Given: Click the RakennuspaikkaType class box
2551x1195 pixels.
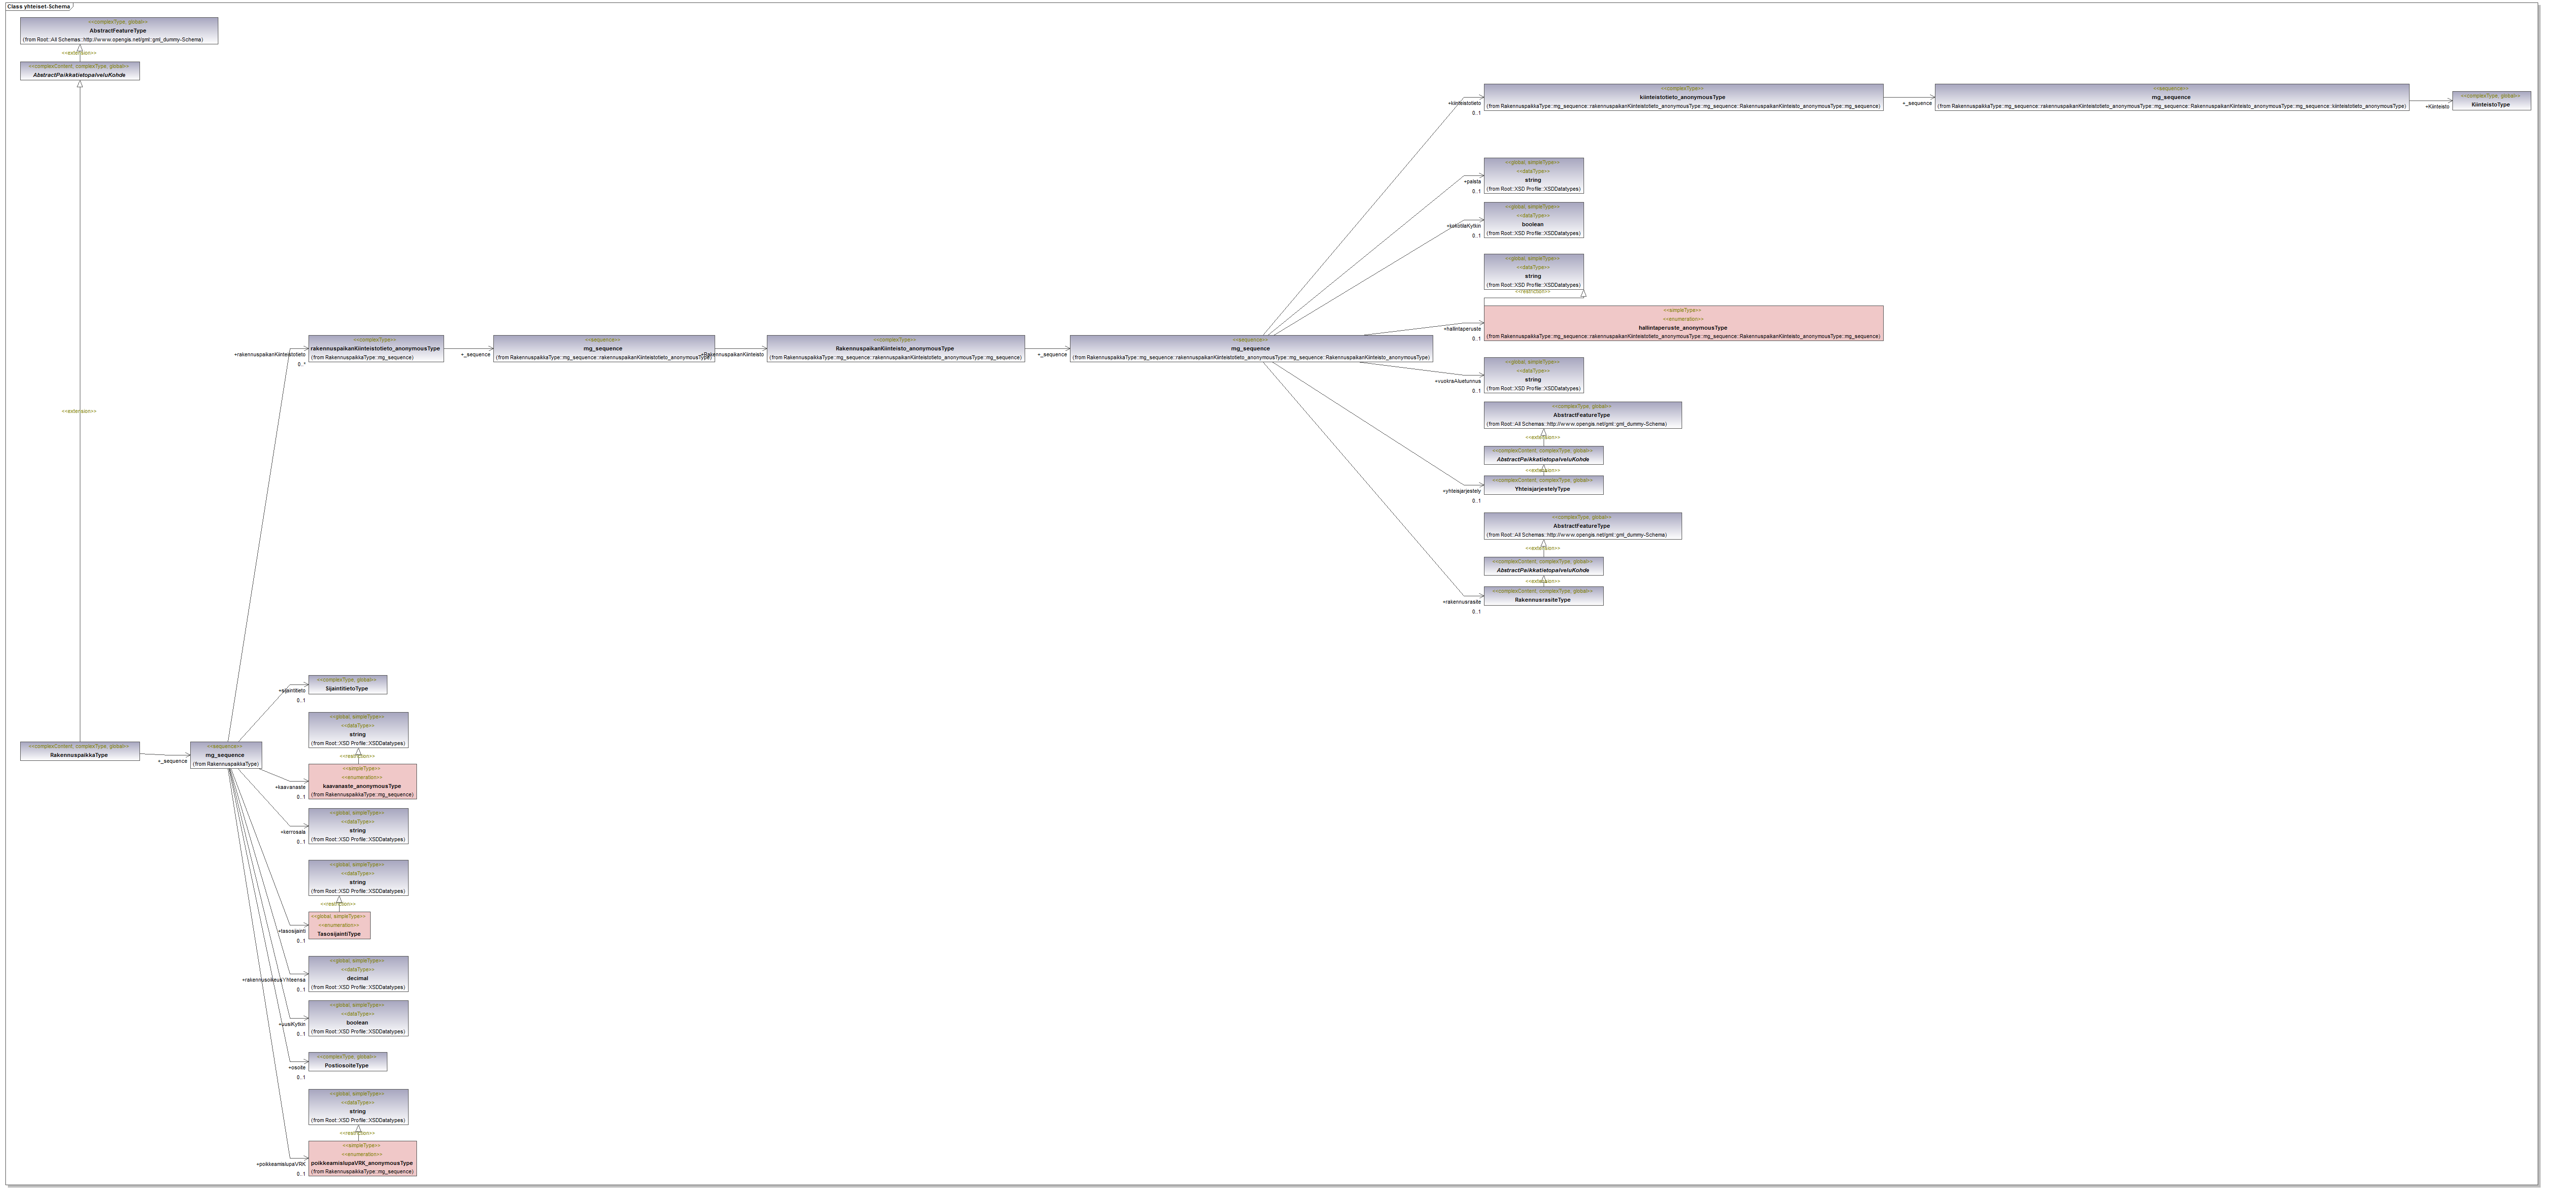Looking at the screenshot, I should [79, 751].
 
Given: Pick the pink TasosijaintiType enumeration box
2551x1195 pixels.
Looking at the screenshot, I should [339, 926].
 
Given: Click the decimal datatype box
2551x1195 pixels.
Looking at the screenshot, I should [357, 974].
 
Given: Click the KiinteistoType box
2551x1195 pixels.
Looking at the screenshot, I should [2490, 101].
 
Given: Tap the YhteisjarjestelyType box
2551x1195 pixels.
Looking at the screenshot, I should [1543, 485].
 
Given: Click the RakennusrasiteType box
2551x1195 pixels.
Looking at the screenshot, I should [1543, 596].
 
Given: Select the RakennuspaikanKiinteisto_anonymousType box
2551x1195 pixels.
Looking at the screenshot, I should [895, 348].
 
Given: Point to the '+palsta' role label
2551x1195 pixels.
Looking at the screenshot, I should [1473, 181].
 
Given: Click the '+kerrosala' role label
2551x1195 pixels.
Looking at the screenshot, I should [293, 832].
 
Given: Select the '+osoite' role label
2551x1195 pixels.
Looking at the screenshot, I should [297, 1067].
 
